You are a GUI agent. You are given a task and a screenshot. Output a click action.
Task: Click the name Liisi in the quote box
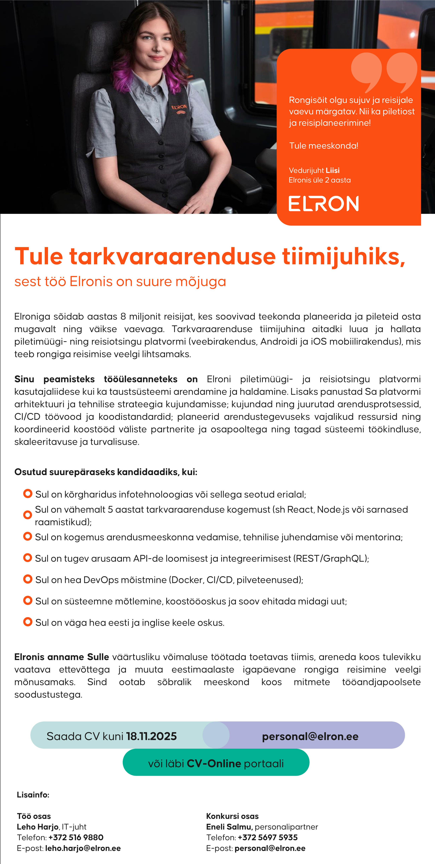click(333, 170)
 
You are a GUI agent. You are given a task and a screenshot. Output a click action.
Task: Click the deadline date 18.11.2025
click(151, 736)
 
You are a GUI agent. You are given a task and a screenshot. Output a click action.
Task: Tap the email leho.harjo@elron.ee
click(83, 848)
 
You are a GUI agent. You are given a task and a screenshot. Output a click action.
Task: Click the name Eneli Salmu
click(229, 827)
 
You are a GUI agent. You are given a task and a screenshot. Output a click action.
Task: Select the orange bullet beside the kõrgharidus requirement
click(28, 494)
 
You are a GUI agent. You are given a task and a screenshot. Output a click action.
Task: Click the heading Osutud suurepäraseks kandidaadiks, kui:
click(106, 472)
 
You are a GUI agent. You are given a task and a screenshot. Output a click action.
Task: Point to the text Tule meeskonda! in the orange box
click(324, 146)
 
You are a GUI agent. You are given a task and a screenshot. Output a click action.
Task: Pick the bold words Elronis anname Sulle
click(62, 657)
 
